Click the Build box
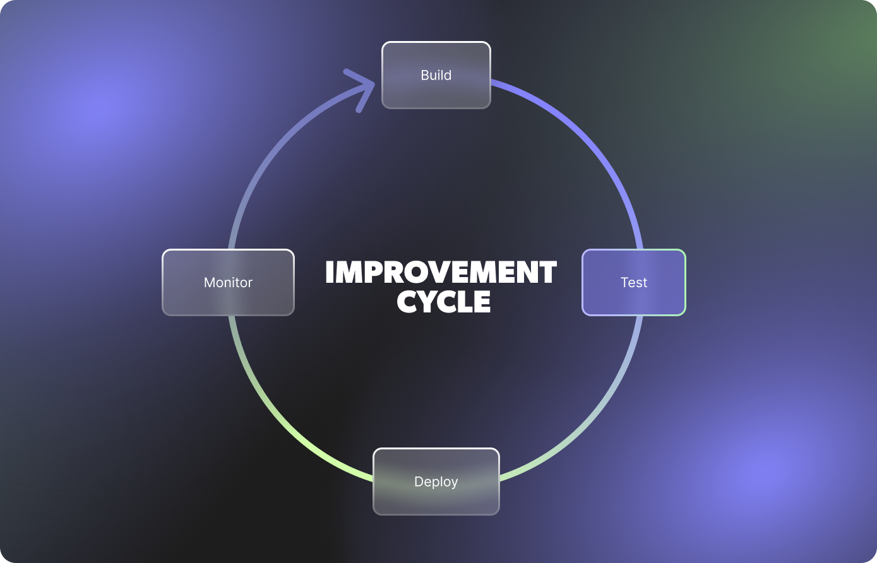pyautogui.click(x=436, y=75)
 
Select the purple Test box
pyautogui.click(x=633, y=282)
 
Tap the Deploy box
pyautogui.click(x=436, y=482)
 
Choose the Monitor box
pyautogui.click(x=228, y=282)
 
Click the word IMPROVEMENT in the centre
pyautogui.click(x=441, y=273)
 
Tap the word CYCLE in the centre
pyautogui.click(x=444, y=302)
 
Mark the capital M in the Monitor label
pyautogui.click(x=210, y=282)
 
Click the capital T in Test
pyautogui.click(x=624, y=282)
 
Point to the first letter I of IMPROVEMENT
pyautogui.click(x=329, y=273)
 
